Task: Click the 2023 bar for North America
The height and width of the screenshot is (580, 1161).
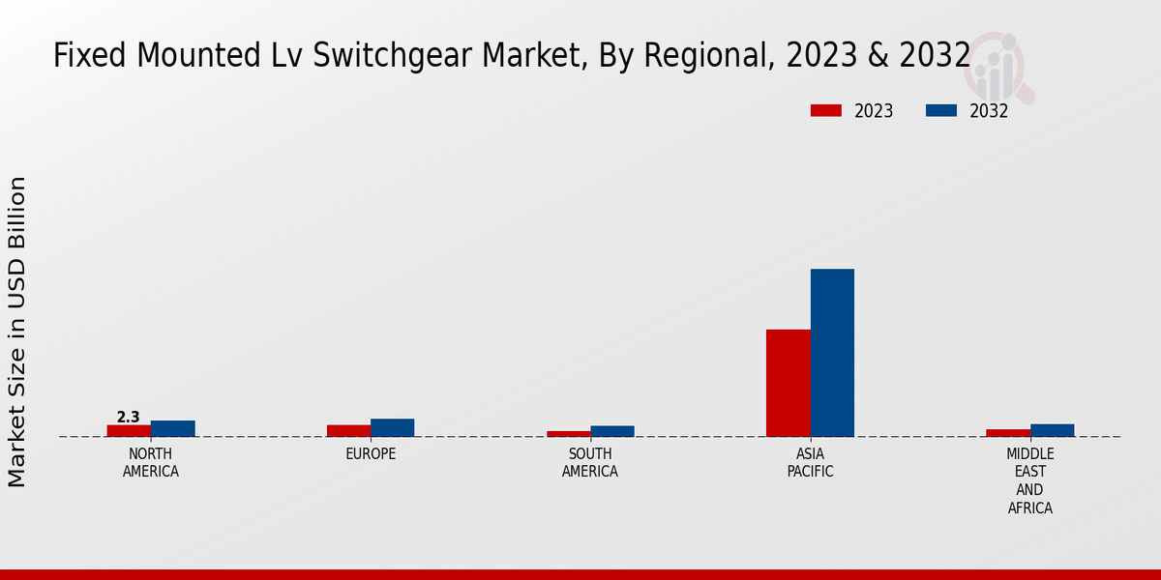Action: pyautogui.click(x=129, y=431)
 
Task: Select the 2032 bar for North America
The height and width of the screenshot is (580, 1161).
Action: pyautogui.click(x=173, y=429)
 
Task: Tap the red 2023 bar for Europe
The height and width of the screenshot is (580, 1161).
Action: pyautogui.click(x=348, y=431)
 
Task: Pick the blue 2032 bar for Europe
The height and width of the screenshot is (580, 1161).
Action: pyautogui.click(x=393, y=428)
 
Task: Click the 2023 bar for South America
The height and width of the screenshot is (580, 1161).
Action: pyautogui.click(x=569, y=434)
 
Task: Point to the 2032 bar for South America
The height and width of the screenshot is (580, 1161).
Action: pyautogui.click(x=612, y=431)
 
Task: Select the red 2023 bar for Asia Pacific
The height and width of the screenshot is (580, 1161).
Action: pyautogui.click(x=789, y=383)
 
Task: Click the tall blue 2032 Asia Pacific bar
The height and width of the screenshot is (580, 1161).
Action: pyautogui.click(x=832, y=353)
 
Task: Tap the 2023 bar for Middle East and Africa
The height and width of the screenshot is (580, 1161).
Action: pyautogui.click(x=1008, y=433)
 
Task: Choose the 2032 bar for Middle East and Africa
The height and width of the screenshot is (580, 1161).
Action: pyautogui.click(x=1052, y=430)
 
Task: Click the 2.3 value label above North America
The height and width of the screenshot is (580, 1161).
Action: pyautogui.click(x=129, y=418)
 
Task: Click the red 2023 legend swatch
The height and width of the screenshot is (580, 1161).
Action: pyautogui.click(x=826, y=110)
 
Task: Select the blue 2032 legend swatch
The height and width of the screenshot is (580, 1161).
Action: pyautogui.click(x=941, y=110)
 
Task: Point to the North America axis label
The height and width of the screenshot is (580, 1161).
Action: pyautogui.click(x=151, y=463)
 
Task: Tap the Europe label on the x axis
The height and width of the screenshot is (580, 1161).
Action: pyautogui.click(x=371, y=454)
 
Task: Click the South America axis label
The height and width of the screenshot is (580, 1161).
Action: pyautogui.click(x=590, y=463)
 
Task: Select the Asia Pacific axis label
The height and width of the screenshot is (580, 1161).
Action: pyautogui.click(x=811, y=463)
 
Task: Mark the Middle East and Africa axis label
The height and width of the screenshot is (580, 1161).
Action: pyautogui.click(x=1030, y=480)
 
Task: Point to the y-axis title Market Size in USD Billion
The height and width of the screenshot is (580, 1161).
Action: pyautogui.click(x=17, y=332)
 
